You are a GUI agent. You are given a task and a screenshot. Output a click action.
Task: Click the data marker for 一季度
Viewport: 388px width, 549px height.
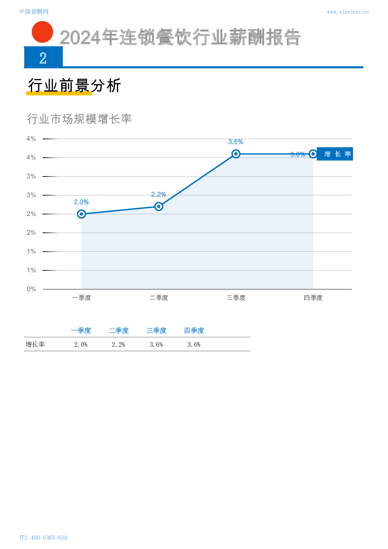tap(81, 214)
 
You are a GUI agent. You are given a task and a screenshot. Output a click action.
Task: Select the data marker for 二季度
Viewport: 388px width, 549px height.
tap(159, 206)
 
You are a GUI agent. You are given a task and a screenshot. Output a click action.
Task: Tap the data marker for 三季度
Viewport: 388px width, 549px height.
tap(236, 154)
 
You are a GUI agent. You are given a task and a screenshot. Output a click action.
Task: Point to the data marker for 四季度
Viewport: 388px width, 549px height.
tap(313, 154)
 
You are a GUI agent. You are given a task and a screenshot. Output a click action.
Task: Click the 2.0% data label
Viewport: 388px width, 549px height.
tap(81, 202)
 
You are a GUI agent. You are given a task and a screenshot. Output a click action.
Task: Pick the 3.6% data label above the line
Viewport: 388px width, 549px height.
tap(236, 142)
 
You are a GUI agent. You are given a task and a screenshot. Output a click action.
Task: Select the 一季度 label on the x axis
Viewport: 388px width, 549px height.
tap(81, 298)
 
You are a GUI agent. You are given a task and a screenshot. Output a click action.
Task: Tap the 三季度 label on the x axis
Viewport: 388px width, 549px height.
tap(236, 298)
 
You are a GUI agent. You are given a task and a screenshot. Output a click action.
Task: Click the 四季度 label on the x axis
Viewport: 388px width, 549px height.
tap(313, 298)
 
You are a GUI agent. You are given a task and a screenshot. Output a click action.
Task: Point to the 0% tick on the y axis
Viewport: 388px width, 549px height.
tap(31, 289)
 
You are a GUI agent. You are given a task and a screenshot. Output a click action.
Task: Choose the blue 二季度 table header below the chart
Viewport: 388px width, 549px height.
tap(119, 331)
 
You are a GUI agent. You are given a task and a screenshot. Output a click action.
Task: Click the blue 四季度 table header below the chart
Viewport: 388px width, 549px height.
tap(194, 331)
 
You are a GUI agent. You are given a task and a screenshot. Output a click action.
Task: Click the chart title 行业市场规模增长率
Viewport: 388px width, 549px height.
tap(79, 119)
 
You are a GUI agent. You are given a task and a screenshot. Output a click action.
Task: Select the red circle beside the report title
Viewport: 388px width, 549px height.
tap(42, 32)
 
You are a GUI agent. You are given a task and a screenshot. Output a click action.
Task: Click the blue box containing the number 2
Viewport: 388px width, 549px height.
tap(43, 57)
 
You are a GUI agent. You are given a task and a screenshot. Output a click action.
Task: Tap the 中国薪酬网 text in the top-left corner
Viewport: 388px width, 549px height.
tap(34, 12)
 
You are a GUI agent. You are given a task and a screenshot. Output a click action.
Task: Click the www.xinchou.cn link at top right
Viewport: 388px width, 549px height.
tap(347, 12)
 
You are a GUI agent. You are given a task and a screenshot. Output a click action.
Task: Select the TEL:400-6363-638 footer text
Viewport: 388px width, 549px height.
tap(43, 538)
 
